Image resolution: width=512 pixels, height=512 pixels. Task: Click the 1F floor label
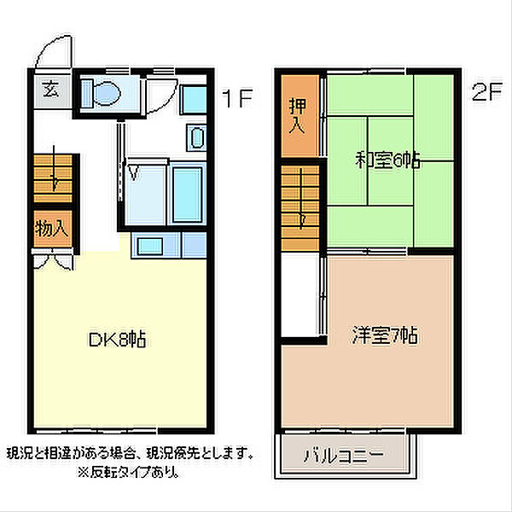(237, 98)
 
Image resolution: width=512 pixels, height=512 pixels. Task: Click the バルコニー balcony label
(343, 455)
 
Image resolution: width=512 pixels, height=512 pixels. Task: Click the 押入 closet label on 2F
(297, 114)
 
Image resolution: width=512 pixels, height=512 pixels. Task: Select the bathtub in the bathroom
(186, 194)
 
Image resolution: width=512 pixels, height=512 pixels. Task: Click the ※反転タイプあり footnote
(128, 471)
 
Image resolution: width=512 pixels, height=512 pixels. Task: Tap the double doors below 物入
(50, 256)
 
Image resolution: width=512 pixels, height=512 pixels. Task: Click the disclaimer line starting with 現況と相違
(128, 452)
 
